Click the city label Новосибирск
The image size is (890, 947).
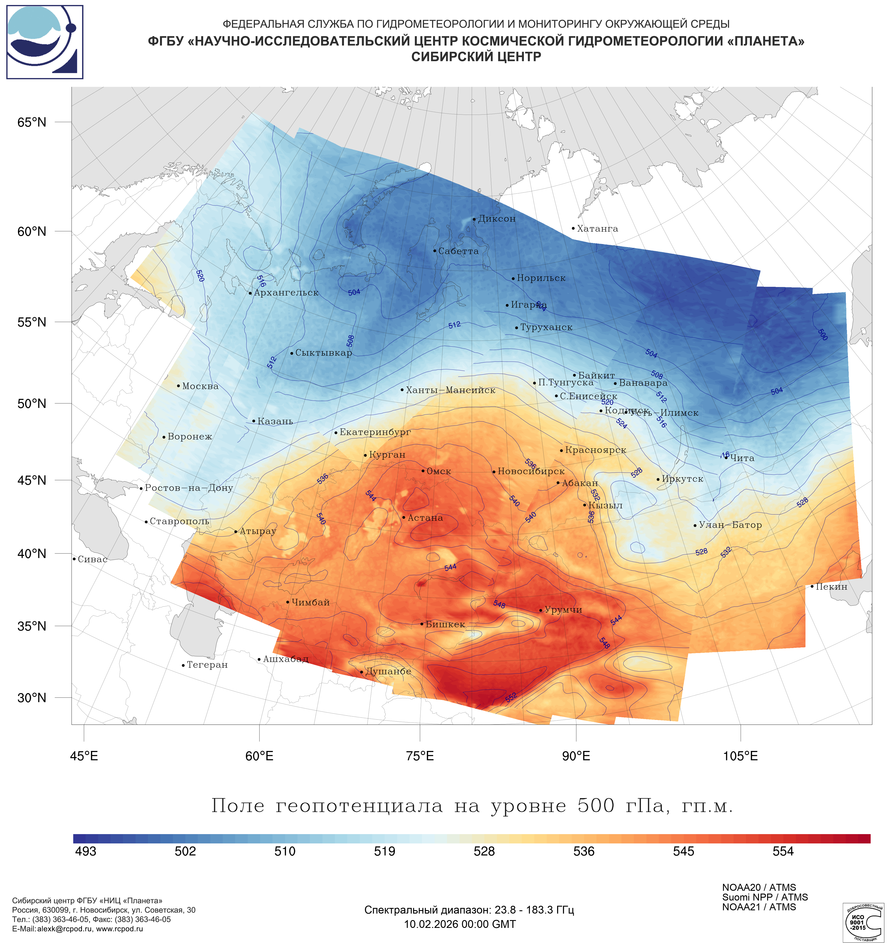(531, 472)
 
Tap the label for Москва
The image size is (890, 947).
(200, 386)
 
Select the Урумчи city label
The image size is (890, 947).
(563, 610)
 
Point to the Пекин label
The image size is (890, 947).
(831, 587)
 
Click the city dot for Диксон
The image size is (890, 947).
(474, 220)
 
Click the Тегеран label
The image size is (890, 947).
(207, 665)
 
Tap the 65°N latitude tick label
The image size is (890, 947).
(32, 122)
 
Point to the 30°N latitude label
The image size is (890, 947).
(32, 698)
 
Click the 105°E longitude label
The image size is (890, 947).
(740, 756)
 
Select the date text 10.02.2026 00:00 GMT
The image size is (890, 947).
(460, 924)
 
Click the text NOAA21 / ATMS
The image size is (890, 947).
(759, 907)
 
